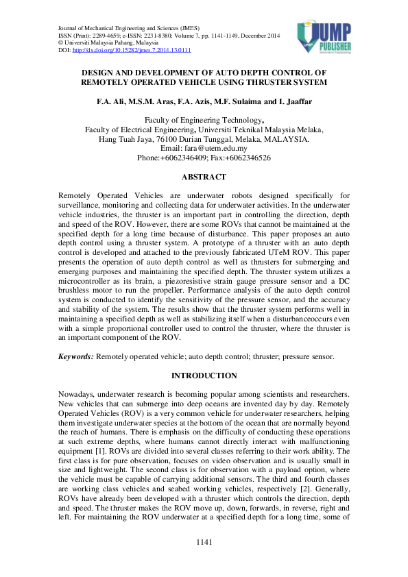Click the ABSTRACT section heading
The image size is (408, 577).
(204, 177)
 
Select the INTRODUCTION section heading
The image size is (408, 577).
(204, 376)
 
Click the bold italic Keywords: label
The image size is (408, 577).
(76, 357)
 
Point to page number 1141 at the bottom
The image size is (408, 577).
(204, 542)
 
